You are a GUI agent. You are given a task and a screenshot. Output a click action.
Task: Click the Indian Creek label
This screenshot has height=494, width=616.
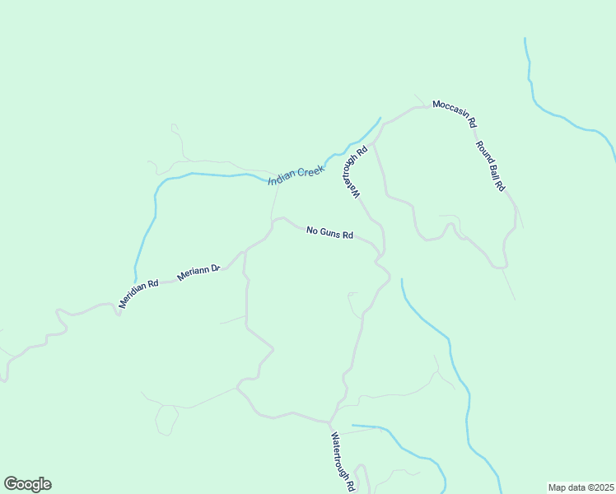click(x=296, y=175)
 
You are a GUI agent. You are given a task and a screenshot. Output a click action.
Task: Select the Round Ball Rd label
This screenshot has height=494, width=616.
click(x=489, y=166)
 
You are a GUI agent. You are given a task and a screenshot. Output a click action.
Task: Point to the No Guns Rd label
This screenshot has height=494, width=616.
click(x=329, y=233)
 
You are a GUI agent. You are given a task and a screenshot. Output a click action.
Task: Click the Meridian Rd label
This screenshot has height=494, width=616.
click(x=138, y=295)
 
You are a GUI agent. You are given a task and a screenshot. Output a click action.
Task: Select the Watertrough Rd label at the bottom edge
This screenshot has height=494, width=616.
click(x=343, y=462)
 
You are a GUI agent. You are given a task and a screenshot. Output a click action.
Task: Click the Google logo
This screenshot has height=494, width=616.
click(x=27, y=484)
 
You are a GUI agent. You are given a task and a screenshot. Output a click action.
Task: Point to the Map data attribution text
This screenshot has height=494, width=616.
click(x=581, y=487)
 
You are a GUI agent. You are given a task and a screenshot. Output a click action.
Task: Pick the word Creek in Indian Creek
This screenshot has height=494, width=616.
click(x=311, y=170)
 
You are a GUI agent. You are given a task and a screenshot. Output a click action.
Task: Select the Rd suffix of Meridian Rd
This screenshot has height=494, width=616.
click(x=152, y=285)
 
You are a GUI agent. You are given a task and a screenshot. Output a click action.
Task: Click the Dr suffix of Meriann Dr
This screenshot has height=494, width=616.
click(x=216, y=268)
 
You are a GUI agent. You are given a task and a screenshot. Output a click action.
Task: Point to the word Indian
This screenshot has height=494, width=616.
click(x=282, y=178)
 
